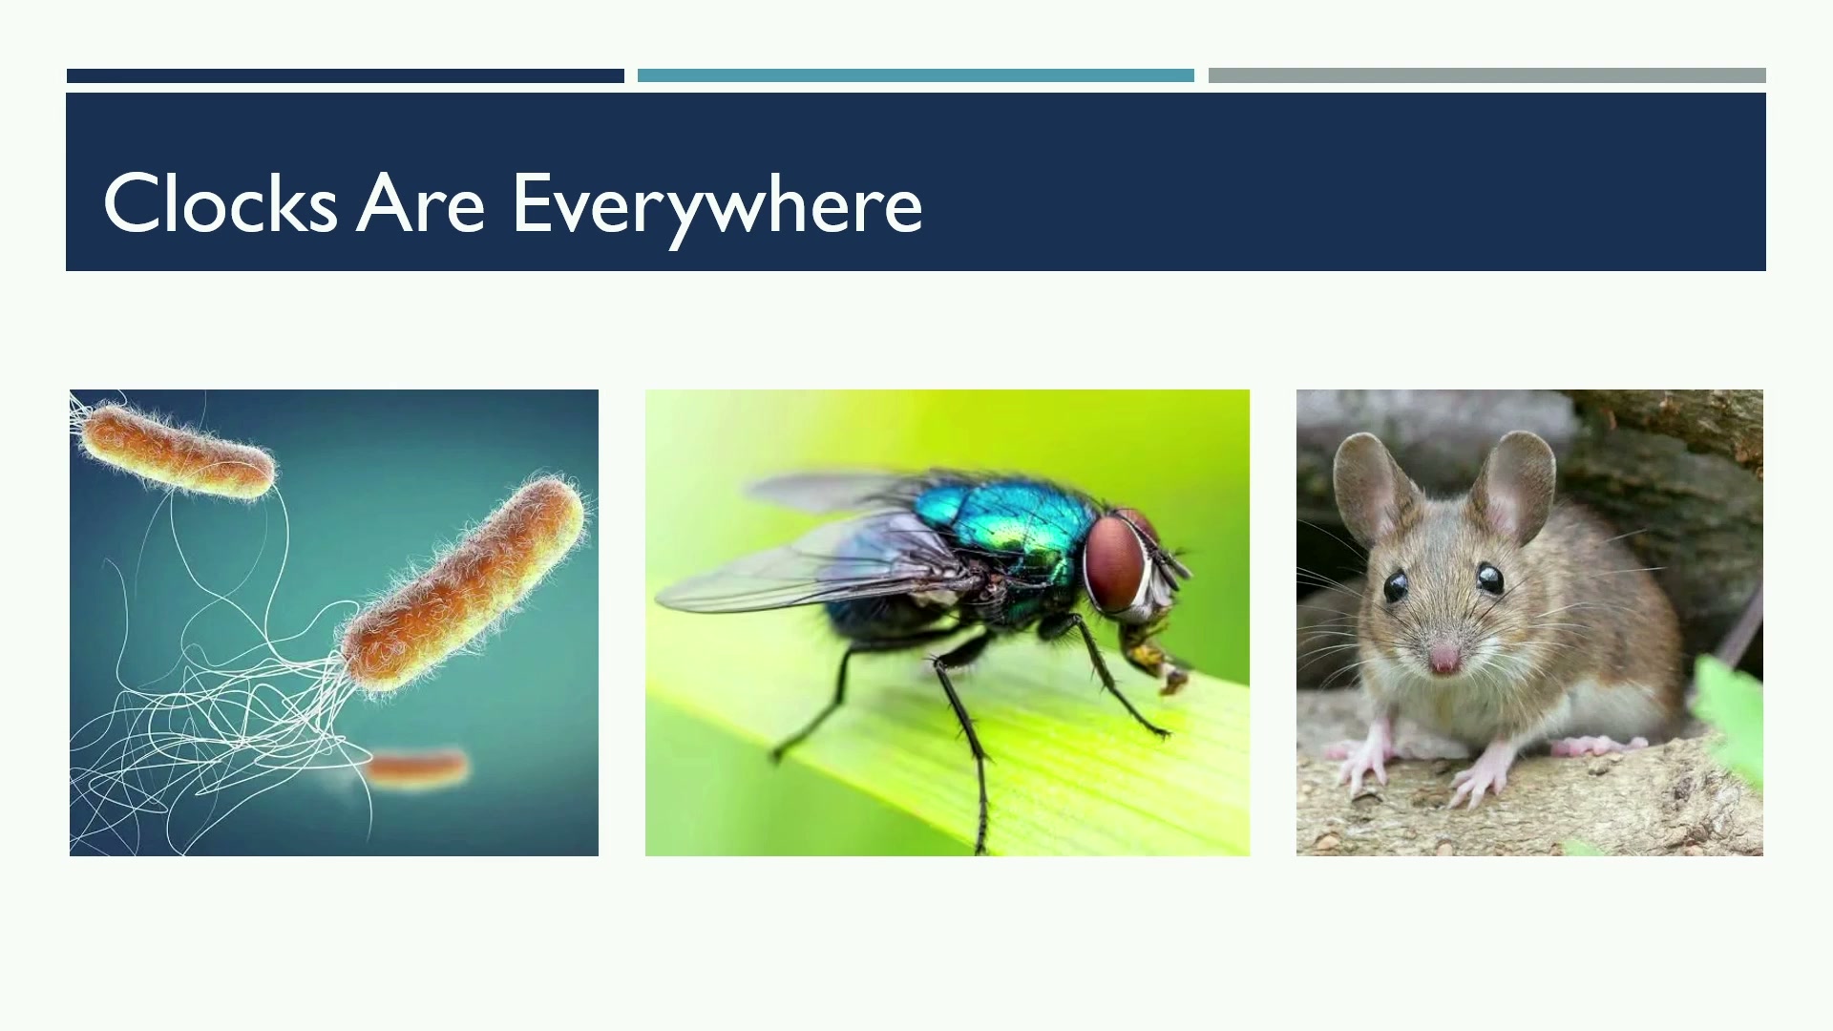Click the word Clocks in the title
[221, 202]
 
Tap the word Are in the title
[421, 202]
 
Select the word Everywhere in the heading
[718, 208]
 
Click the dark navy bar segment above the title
[345, 75]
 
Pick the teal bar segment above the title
[916, 75]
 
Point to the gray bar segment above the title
[1486, 75]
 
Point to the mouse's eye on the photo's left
[1396, 585]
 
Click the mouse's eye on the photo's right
[1489, 578]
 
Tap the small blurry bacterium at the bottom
[417, 768]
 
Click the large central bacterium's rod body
[464, 583]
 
